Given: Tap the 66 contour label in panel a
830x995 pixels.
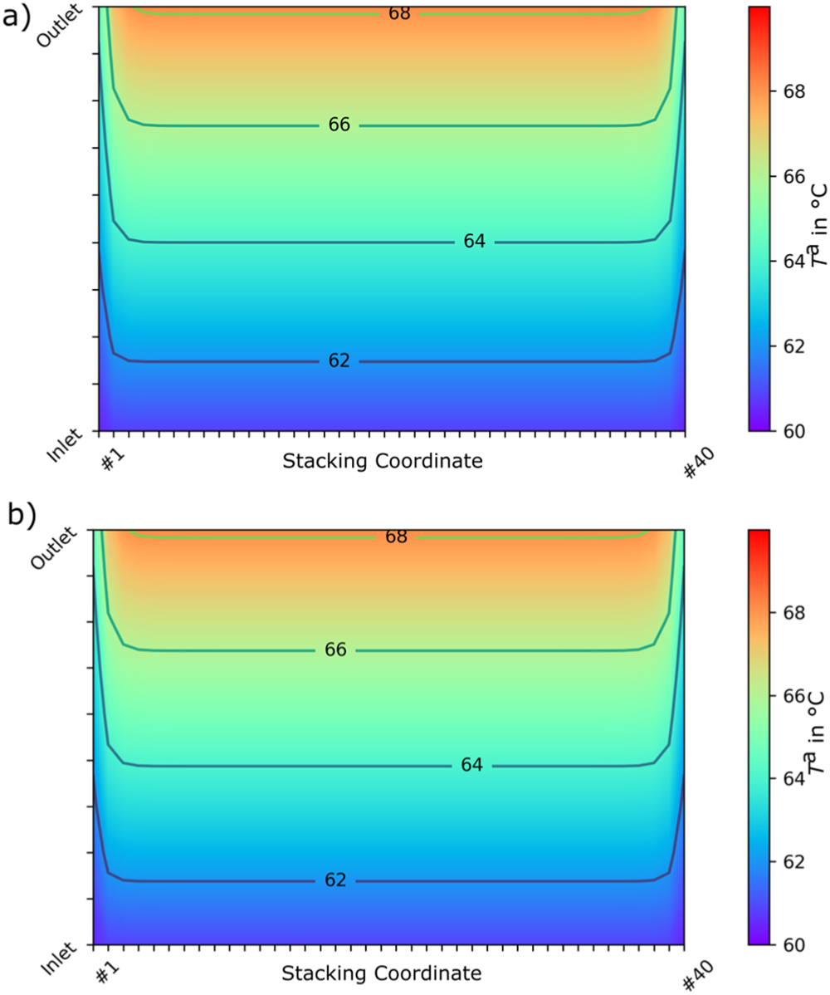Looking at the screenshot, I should point(339,125).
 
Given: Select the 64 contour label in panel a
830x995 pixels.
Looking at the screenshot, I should point(474,242).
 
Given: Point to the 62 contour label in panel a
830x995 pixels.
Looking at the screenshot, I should point(339,360).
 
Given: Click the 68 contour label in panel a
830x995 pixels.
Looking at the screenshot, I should point(399,13).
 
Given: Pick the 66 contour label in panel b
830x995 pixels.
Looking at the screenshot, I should point(335,649).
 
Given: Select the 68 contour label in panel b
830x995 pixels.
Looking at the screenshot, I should point(396,537).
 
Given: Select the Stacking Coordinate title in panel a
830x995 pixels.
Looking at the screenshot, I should point(383,461).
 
